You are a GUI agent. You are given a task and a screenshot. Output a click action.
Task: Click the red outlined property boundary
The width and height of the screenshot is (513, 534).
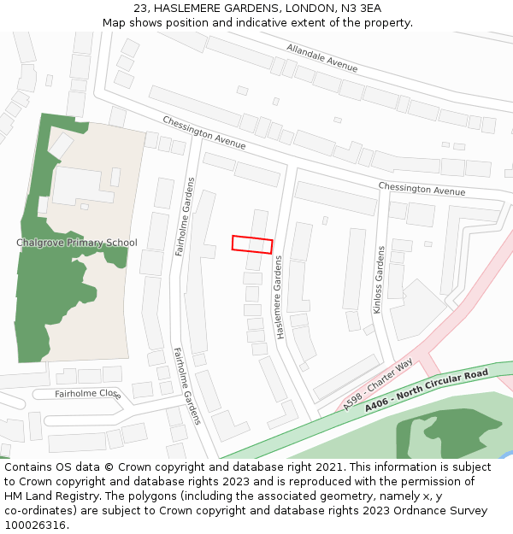[x=252, y=244]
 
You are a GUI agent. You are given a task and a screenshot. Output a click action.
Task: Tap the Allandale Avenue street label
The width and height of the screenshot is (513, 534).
[x=322, y=57]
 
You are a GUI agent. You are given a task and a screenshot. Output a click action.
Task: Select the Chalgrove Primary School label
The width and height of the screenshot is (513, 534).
[x=77, y=243]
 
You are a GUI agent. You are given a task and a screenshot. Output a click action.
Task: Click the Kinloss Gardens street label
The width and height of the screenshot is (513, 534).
[x=380, y=279]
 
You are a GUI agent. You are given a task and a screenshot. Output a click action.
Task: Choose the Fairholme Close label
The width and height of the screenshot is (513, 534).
[x=88, y=394]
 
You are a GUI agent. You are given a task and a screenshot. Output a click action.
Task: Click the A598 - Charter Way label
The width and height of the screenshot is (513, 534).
[x=378, y=385]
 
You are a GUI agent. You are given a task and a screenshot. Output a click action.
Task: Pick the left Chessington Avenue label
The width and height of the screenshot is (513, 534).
[x=203, y=132]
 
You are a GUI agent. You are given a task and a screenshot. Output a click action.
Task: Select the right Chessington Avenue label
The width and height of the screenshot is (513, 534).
[x=422, y=189]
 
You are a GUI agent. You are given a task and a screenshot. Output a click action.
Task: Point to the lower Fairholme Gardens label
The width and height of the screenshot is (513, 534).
[x=186, y=385]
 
